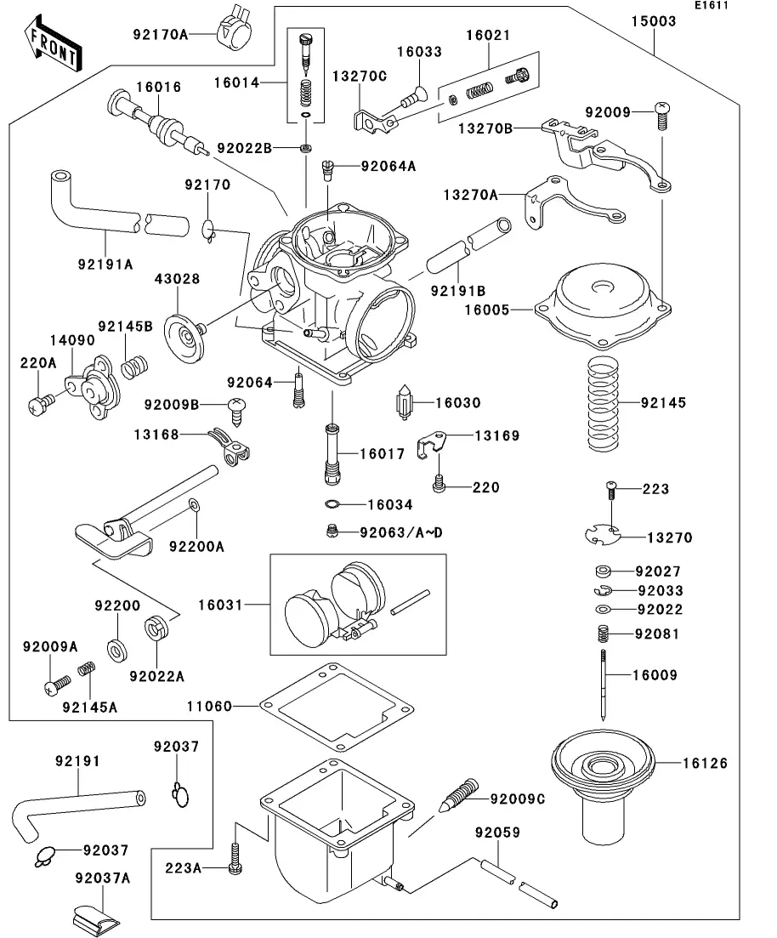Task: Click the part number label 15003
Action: click(654, 21)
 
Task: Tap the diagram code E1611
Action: click(711, 6)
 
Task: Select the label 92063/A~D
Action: click(401, 532)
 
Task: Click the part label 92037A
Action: click(101, 877)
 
